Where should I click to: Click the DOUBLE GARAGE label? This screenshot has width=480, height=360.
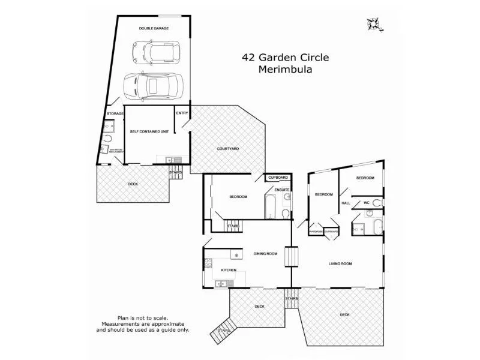point(154,28)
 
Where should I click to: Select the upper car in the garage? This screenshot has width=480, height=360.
point(155,52)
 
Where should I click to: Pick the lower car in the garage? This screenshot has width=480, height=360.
point(153,85)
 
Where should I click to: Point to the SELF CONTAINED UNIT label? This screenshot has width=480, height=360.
point(148,131)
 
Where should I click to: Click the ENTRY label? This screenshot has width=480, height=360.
point(182,113)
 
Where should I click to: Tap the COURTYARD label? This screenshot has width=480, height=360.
point(228,148)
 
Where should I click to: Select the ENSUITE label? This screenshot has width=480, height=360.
point(282,190)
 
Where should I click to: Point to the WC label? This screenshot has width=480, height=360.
point(365,203)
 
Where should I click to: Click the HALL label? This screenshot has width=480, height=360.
point(346,203)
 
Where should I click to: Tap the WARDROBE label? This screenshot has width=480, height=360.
point(316,231)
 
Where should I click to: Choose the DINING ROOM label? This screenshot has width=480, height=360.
point(265,254)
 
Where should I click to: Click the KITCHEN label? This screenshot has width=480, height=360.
point(229,270)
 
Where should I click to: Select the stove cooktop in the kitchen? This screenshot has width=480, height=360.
point(209,262)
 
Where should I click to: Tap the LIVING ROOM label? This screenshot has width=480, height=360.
point(340,263)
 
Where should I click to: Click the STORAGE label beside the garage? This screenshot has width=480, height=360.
point(115,113)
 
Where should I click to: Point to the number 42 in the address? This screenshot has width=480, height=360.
point(249,58)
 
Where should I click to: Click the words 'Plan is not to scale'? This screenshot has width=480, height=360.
point(143,318)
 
